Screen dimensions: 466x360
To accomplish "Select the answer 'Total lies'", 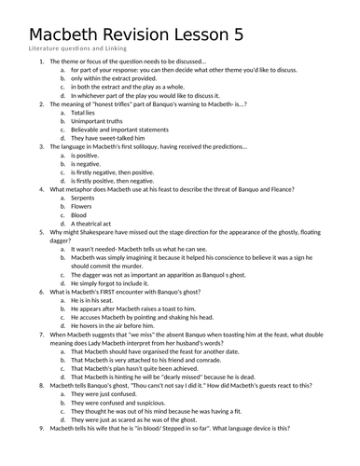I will (x=87, y=111).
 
